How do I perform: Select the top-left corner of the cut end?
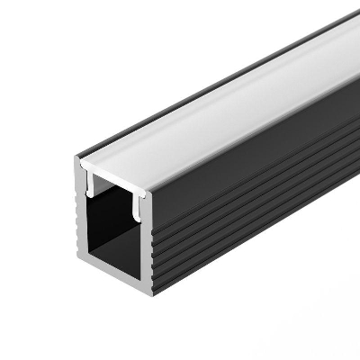tap(77, 160)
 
